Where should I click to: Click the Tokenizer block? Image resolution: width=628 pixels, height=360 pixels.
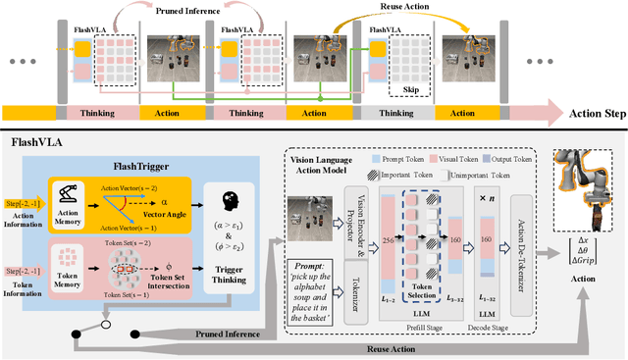tap(348, 266)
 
